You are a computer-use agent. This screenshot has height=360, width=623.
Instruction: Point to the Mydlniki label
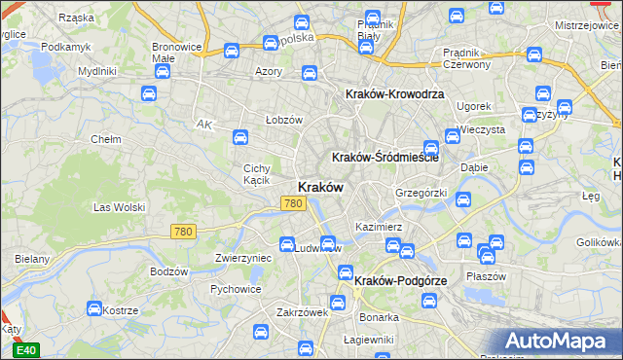click(97, 71)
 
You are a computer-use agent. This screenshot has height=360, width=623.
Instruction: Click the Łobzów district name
click(284, 120)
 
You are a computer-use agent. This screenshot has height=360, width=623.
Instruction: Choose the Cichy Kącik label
click(256, 174)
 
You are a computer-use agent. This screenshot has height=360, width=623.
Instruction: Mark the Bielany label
click(32, 259)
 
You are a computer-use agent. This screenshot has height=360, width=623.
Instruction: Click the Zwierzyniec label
click(242, 259)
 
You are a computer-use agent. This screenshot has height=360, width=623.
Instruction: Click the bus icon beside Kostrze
click(94, 309)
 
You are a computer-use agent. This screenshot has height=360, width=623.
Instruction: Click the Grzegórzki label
click(421, 193)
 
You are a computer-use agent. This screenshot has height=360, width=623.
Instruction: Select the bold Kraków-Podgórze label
click(401, 280)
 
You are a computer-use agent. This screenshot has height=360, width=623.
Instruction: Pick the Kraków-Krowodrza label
click(395, 94)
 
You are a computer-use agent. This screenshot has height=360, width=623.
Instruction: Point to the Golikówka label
click(598, 241)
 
